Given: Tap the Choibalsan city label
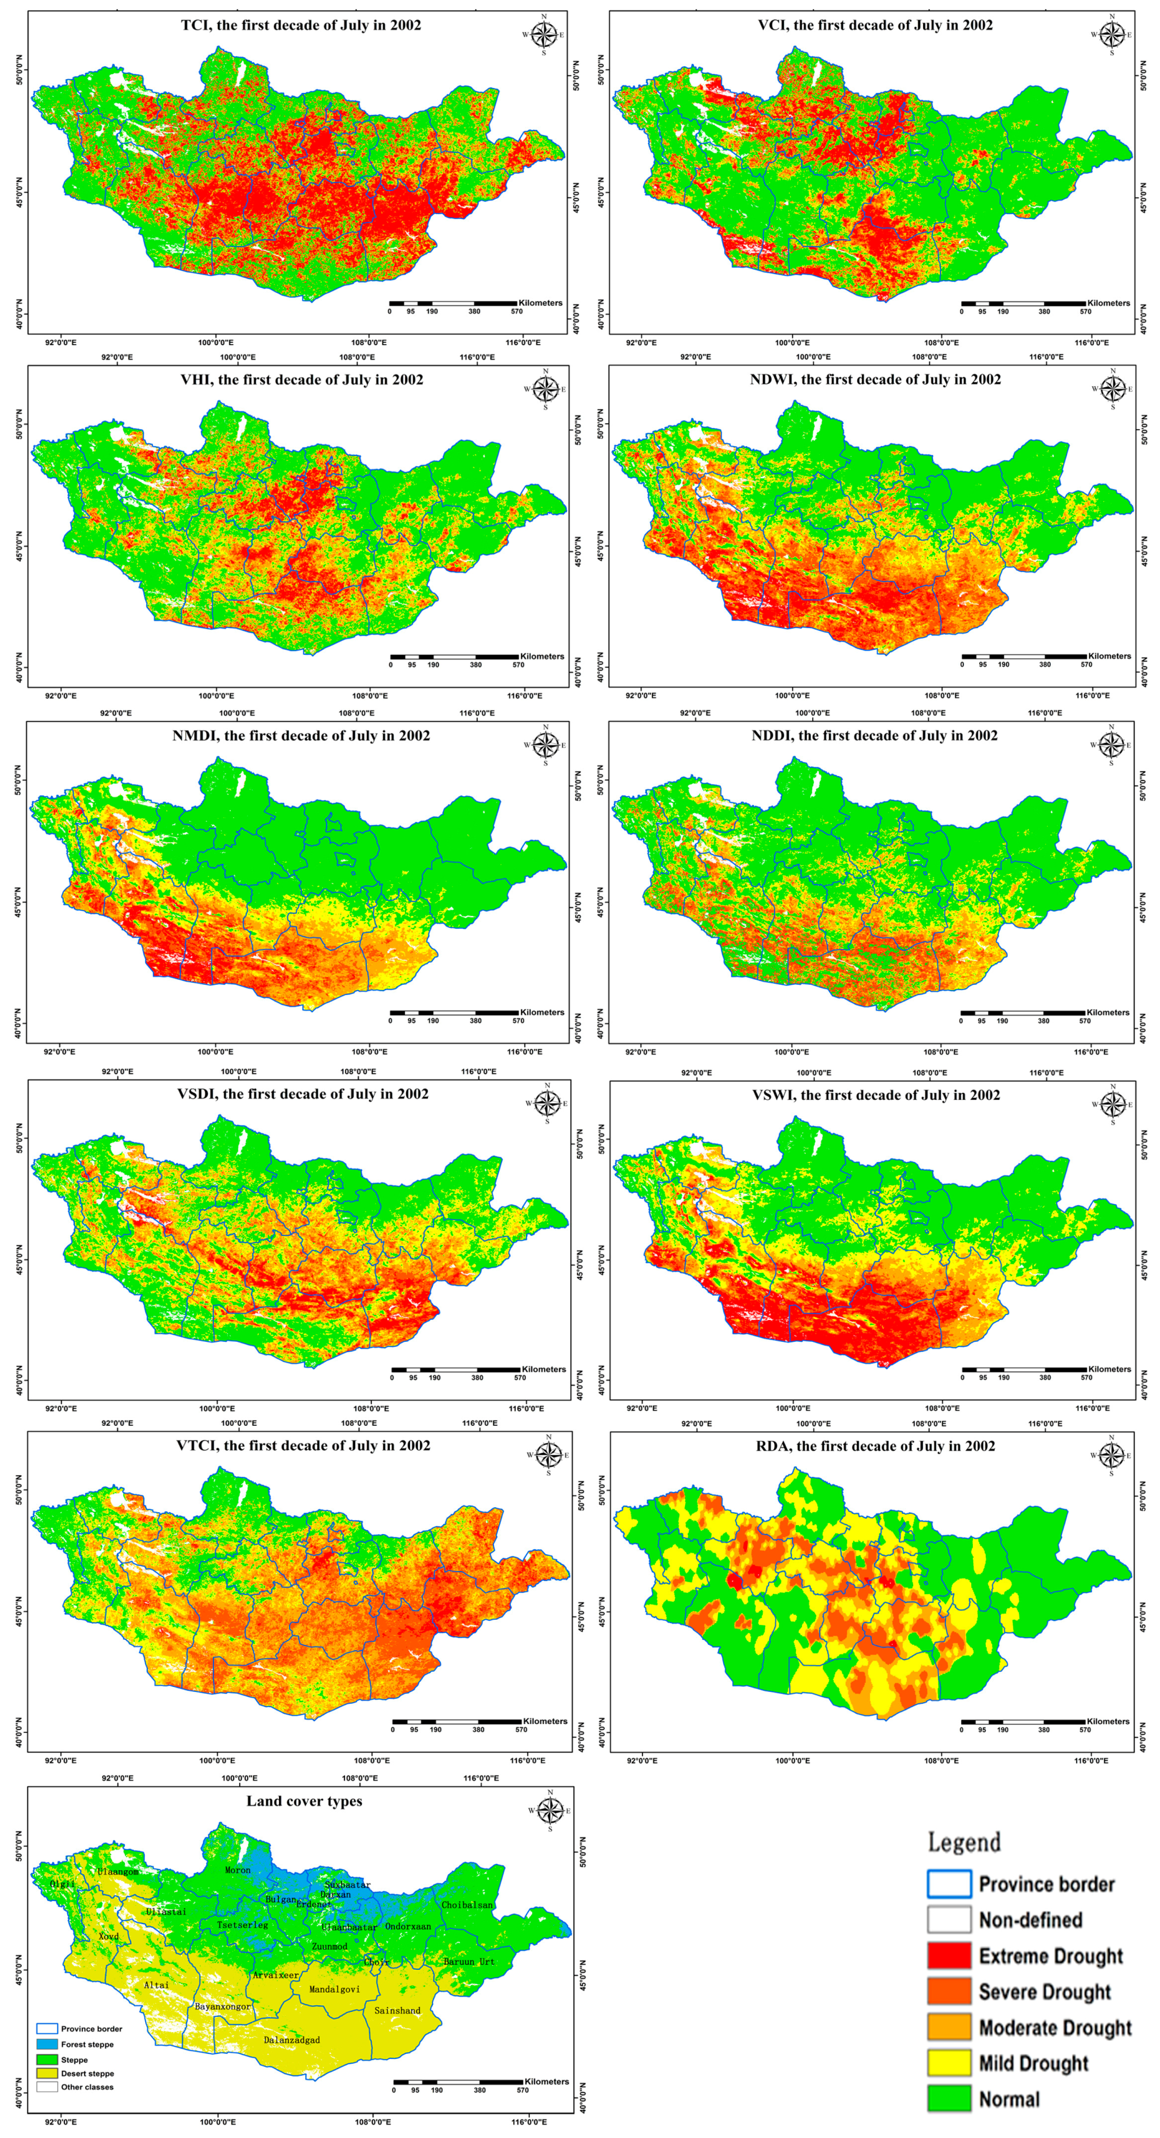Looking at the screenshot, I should pos(467,1905).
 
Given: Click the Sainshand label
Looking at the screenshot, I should pos(397,2010).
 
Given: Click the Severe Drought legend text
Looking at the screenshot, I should pos(1044,1991).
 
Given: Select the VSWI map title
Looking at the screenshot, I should pos(876,1095).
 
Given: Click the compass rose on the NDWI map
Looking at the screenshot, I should pos(1112,388).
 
